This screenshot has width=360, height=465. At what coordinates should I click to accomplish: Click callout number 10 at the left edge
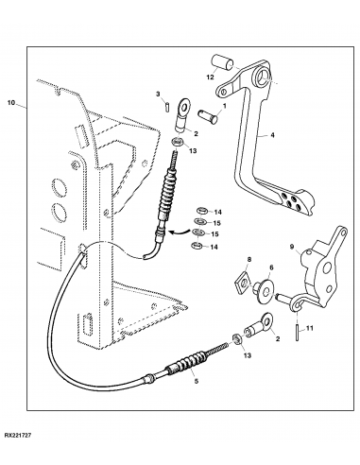(10, 99)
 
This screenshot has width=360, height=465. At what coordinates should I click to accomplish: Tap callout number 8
(249, 258)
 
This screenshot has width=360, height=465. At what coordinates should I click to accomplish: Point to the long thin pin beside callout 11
(300, 331)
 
